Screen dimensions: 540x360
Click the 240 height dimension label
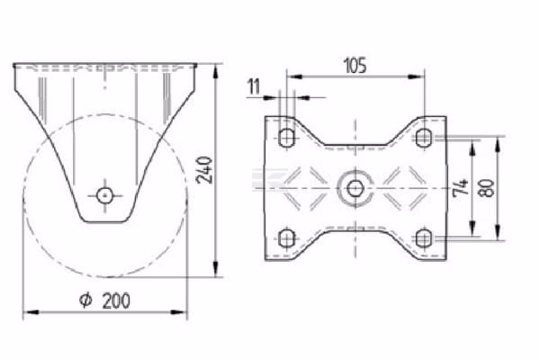tap(204, 170)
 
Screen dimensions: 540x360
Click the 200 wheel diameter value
tap(116, 301)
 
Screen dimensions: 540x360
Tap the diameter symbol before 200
tap(85, 301)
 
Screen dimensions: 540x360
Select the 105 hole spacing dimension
tap(355, 66)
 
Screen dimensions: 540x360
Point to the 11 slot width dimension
tap(254, 86)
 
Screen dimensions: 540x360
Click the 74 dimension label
tap(461, 187)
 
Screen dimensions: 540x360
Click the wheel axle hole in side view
tap(104, 195)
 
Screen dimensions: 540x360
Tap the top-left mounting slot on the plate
tap(286, 137)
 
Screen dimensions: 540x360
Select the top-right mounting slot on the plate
tap(423, 137)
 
